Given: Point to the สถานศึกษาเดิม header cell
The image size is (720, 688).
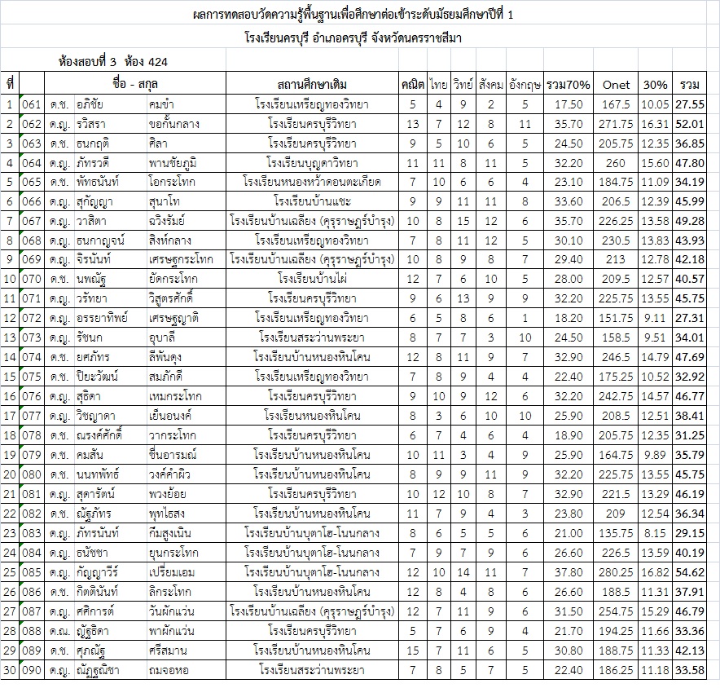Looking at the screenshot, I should [312, 84].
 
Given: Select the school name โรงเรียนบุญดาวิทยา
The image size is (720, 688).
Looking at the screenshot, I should [312, 163].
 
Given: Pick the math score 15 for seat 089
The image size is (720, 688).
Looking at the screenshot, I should [413, 651].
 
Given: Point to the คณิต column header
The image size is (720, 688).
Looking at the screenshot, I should [413, 84].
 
